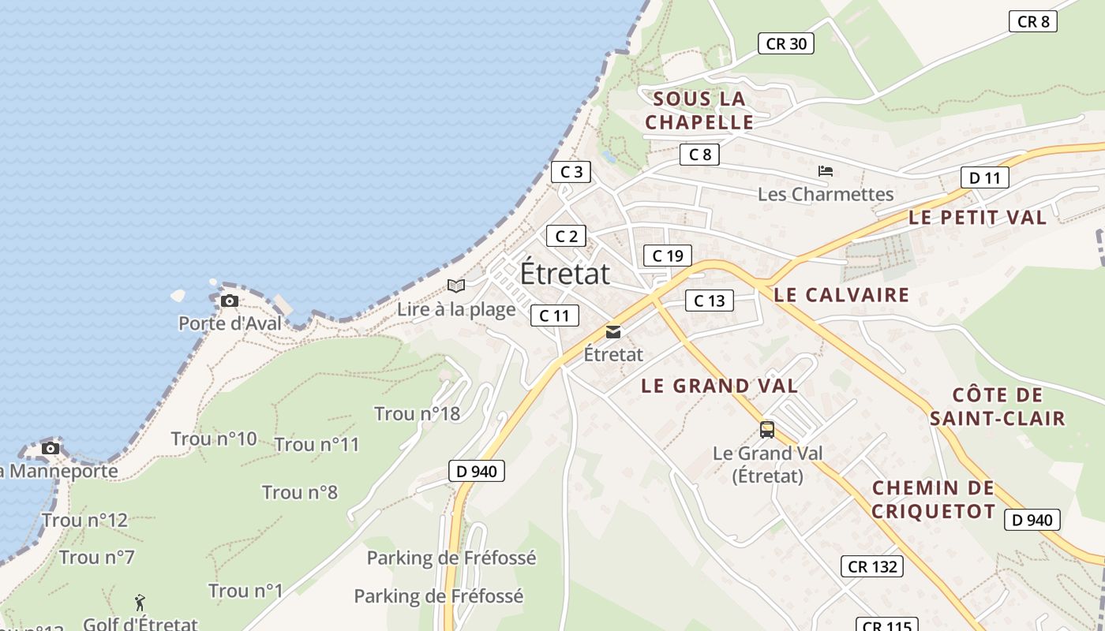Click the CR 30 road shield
[x=786, y=44]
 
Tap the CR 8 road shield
[x=1032, y=22]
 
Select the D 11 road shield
[x=984, y=178]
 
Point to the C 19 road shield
[x=668, y=256]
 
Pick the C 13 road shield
[x=709, y=301]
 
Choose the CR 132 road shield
[x=871, y=566]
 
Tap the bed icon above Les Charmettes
[x=826, y=171]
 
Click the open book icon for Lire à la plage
[x=456, y=286]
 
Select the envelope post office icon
[x=613, y=332]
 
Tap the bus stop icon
[x=767, y=430]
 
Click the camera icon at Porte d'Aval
[x=230, y=301]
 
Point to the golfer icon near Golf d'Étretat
[x=140, y=603]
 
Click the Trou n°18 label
[x=417, y=413]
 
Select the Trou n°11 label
[x=317, y=444]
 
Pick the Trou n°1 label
[x=245, y=590]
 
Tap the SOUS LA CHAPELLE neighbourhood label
[x=699, y=110]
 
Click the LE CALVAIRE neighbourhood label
[x=841, y=295]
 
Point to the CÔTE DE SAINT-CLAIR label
[x=997, y=406]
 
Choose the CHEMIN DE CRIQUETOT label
[x=933, y=499]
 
